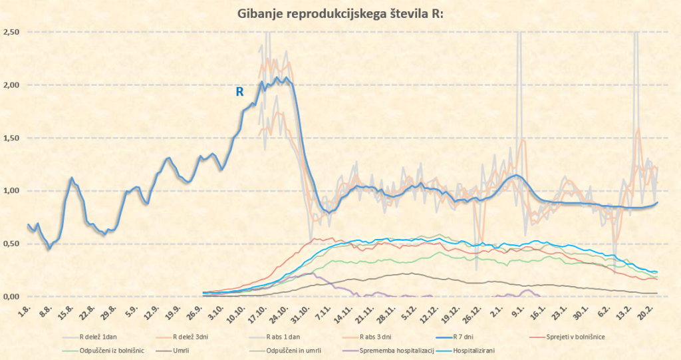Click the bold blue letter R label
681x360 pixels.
pyautogui.click(x=239, y=92)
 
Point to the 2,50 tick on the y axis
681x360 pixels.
pyautogui.click(x=11, y=32)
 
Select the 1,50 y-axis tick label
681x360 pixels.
pyautogui.click(x=11, y=138)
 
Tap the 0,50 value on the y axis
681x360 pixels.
pyautogui.click(x=11, y=244)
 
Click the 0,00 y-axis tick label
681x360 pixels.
pyautogui.click(x=11, y=296)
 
